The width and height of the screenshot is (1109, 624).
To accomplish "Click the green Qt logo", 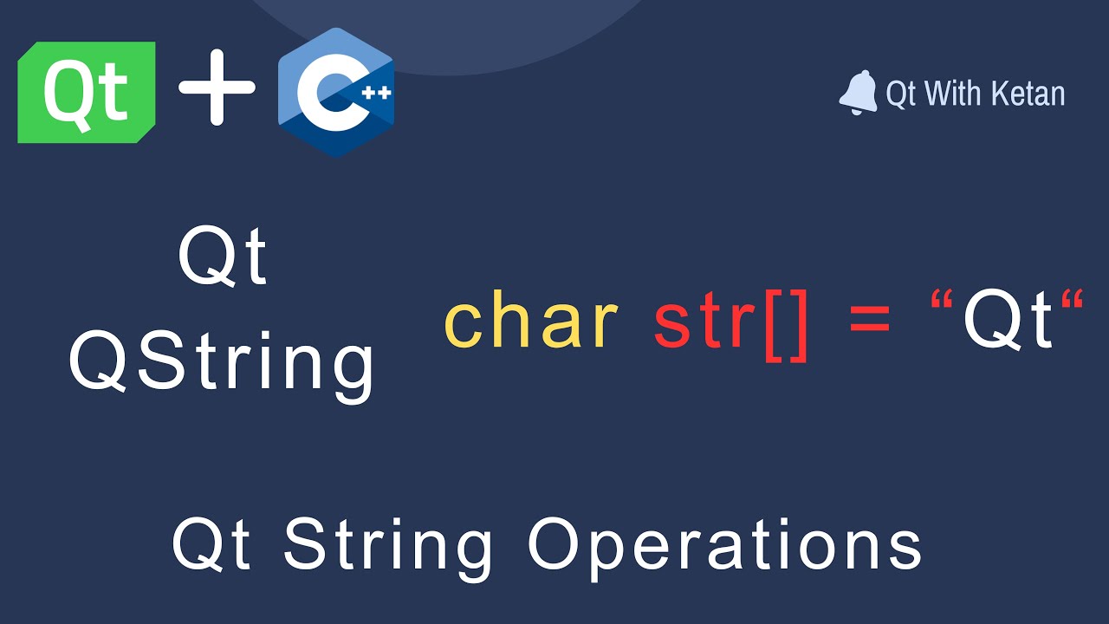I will pos(87,92).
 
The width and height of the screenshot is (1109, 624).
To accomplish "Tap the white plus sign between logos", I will pos(217,88).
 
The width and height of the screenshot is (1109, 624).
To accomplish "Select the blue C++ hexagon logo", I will pos(336,92).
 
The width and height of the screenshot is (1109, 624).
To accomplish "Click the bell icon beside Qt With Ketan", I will pos(858,93).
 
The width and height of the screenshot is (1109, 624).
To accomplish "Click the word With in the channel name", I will pos(953,94).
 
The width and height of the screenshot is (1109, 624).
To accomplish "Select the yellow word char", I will pos(530,322).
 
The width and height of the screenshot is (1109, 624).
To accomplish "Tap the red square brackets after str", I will pos(787,326).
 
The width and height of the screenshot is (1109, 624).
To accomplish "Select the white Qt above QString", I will pos(223,258).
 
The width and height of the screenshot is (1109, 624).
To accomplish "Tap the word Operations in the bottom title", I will pos(724,546).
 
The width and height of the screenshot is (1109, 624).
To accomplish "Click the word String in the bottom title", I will pos(388,546).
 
